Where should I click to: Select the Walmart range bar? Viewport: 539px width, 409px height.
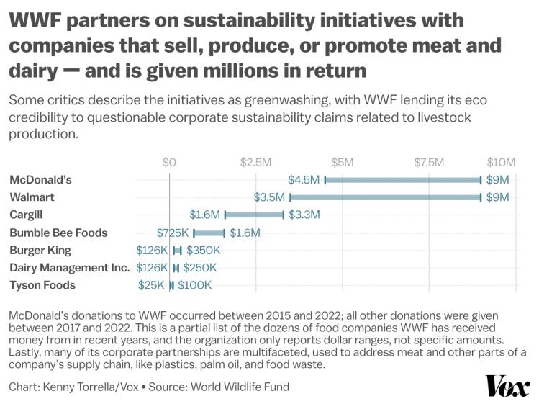coord(385,197)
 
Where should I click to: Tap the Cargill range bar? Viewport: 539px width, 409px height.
coord(254,215)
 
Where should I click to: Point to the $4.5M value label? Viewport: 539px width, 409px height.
coord(304,179)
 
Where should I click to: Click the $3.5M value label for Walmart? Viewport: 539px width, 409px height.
coord(270,197)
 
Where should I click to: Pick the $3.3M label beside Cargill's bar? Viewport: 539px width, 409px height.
coord(304,215)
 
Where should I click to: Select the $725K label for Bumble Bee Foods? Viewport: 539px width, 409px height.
coord(173,233)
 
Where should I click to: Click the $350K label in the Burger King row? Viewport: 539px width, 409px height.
coord(203,250)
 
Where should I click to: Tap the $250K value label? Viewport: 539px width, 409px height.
coord(199,268)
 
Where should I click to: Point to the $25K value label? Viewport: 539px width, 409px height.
coord(151,285)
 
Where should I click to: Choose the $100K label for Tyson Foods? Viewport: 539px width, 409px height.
coord(194,285)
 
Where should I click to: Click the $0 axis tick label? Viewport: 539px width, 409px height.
coord(169,162)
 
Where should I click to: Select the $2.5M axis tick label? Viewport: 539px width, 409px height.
coord(255,162)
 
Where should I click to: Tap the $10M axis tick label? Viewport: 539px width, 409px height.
coord(501,162)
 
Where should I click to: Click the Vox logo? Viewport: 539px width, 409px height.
coord(507,387)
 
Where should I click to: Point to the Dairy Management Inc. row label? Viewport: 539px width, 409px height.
coord(69,268)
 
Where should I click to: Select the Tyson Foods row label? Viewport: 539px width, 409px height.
coord(42,285)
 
